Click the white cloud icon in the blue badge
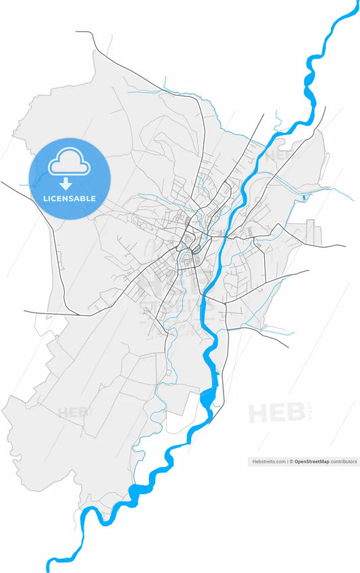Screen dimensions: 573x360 pos(69,163)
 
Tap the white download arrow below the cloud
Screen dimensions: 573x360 pos(66,184)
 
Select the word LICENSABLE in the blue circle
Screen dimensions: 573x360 pos(69,198)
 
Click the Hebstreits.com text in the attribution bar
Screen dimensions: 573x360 pos(268,462)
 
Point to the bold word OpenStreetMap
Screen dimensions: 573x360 pos(310,462)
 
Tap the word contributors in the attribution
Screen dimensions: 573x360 pos(344,462)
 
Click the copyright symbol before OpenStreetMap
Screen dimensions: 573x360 pos(291,462)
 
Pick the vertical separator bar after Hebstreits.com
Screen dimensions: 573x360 pos(286,462)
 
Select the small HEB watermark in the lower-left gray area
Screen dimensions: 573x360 pos(73,412)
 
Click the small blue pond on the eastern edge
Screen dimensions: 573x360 pos(305,197)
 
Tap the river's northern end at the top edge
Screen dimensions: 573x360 pos(357,3)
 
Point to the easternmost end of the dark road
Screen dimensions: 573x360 pos(346,246)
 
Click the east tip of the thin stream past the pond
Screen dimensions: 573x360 pos(353,200)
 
